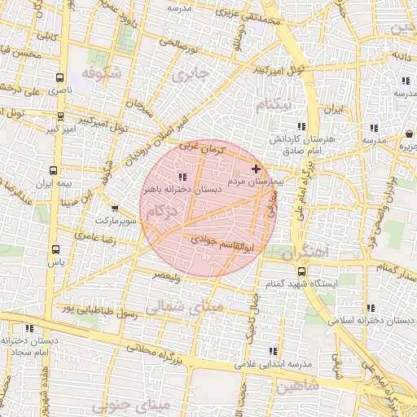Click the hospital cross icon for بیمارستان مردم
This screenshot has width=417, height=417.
coord(257,168)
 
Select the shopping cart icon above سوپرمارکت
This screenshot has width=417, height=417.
coord(114,208)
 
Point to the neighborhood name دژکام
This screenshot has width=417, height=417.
coord(160,212)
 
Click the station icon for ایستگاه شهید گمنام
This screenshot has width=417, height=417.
coord(302,271)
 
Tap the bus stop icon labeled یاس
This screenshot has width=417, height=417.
coord(55,250)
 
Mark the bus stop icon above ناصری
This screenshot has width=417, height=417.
coord(59,77)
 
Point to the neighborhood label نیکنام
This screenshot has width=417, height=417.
coord(272,106)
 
